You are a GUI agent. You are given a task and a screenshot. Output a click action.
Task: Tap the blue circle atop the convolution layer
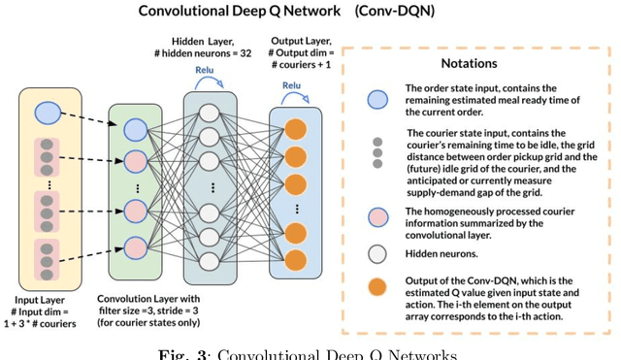click(135, 129)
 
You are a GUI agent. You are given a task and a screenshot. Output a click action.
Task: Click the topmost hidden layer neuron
click(209, 112)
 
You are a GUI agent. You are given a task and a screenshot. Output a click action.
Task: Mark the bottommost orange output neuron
click(295, 257)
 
